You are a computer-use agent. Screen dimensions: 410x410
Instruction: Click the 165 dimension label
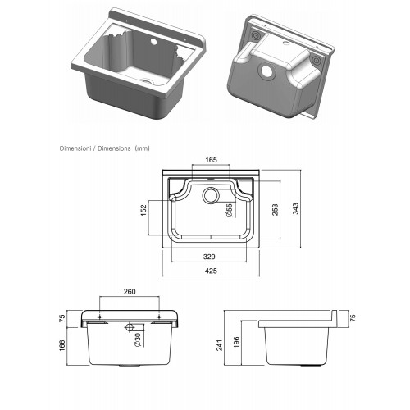[211, 160]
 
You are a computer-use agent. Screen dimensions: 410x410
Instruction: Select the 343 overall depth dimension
[296, 208]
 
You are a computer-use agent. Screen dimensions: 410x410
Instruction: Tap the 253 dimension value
[276, 210]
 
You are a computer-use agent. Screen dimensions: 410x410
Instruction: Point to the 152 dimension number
[143, 210]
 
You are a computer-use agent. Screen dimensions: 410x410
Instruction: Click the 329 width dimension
[209, 257]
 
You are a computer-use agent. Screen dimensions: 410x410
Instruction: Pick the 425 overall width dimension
[211, 271]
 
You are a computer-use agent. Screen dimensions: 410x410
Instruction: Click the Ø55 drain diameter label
[229, 211]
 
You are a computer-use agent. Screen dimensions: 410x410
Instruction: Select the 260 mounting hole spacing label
[130, 292]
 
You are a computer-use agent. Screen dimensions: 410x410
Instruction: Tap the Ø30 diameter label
[138, 340]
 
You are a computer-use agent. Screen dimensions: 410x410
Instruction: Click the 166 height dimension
[62, 346]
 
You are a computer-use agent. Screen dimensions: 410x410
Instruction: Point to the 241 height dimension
[220, 345]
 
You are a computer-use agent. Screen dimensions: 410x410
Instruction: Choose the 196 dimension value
[237, 342]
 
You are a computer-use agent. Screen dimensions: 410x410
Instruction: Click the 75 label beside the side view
[353, 318]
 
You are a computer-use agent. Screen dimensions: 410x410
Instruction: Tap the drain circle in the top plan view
[211, 194]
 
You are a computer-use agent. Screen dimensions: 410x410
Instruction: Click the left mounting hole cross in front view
[100, 317]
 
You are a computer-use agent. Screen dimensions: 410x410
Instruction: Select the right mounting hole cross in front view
[159, 317]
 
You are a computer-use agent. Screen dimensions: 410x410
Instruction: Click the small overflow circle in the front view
[130, 327]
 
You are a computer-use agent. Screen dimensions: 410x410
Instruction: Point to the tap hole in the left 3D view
[153, 43]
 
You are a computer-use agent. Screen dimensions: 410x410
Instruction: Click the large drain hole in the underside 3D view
[267, 71]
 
